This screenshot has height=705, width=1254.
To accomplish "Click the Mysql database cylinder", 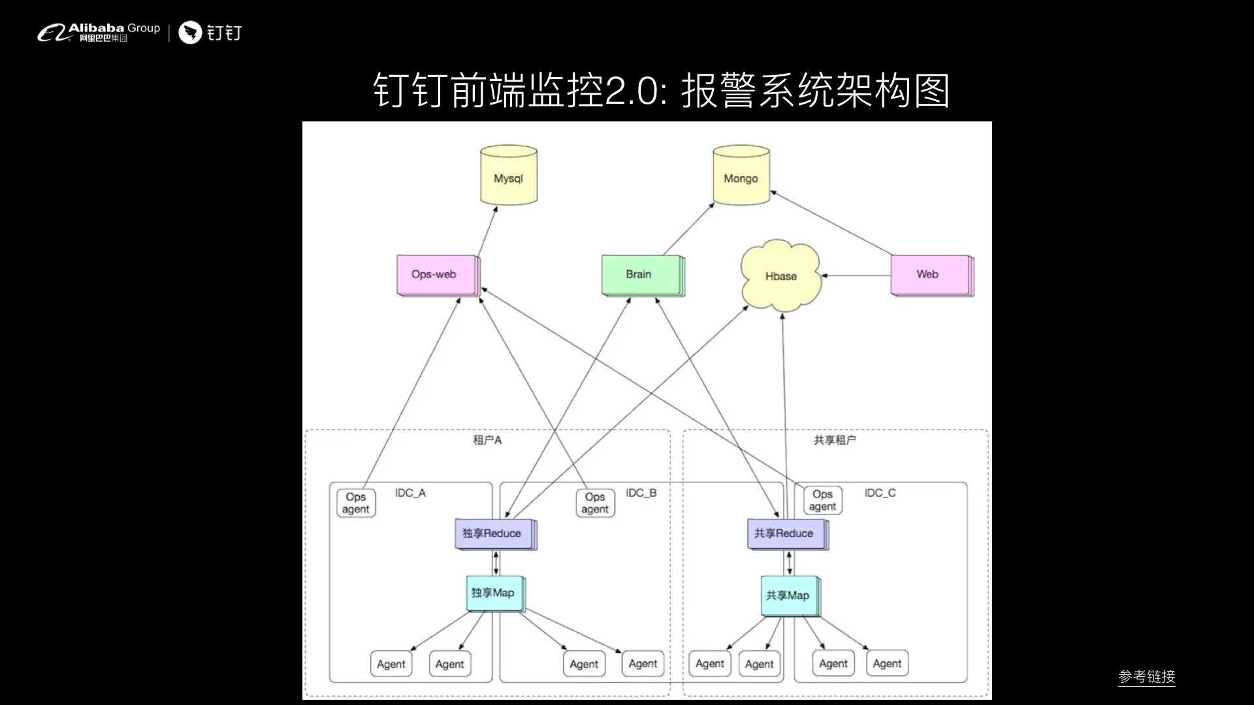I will pyautogui.click(x=509, y=176).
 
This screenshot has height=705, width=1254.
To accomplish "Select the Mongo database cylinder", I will pyautogui.click(x=741, y=176).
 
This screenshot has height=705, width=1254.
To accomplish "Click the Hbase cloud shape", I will pyautogui.click(x=780, y=276).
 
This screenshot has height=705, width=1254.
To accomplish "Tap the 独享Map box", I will pyautogui.click(x=494, y=593).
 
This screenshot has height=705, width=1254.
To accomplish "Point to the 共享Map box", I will pyautogui.click(x=789, y=595).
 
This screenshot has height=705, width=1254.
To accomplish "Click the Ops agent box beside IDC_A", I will pyautogui.click(x=356, y=503).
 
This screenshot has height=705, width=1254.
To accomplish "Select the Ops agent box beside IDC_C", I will pyautogui.click(x=822, y=501).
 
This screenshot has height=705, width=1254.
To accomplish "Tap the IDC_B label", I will pyautogui.click(x=641, y=493).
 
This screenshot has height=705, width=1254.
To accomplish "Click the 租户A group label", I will pyautogui.click(x=487, y=441).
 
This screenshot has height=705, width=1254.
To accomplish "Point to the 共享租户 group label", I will pyautogui.click(x=834, y=441).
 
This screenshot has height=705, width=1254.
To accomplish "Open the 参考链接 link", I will pyautogui.click(x=1146, y=677).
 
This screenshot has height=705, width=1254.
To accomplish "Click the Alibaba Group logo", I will pyautogui.click(x=99, y=32).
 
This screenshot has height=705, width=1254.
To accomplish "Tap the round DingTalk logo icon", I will pyautogui.click(x=190, y=33).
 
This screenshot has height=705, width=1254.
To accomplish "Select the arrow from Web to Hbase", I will pyautogui.click(x=856, y=275).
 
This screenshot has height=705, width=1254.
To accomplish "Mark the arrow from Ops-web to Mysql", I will pyautogui.click(x=487, y=232).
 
